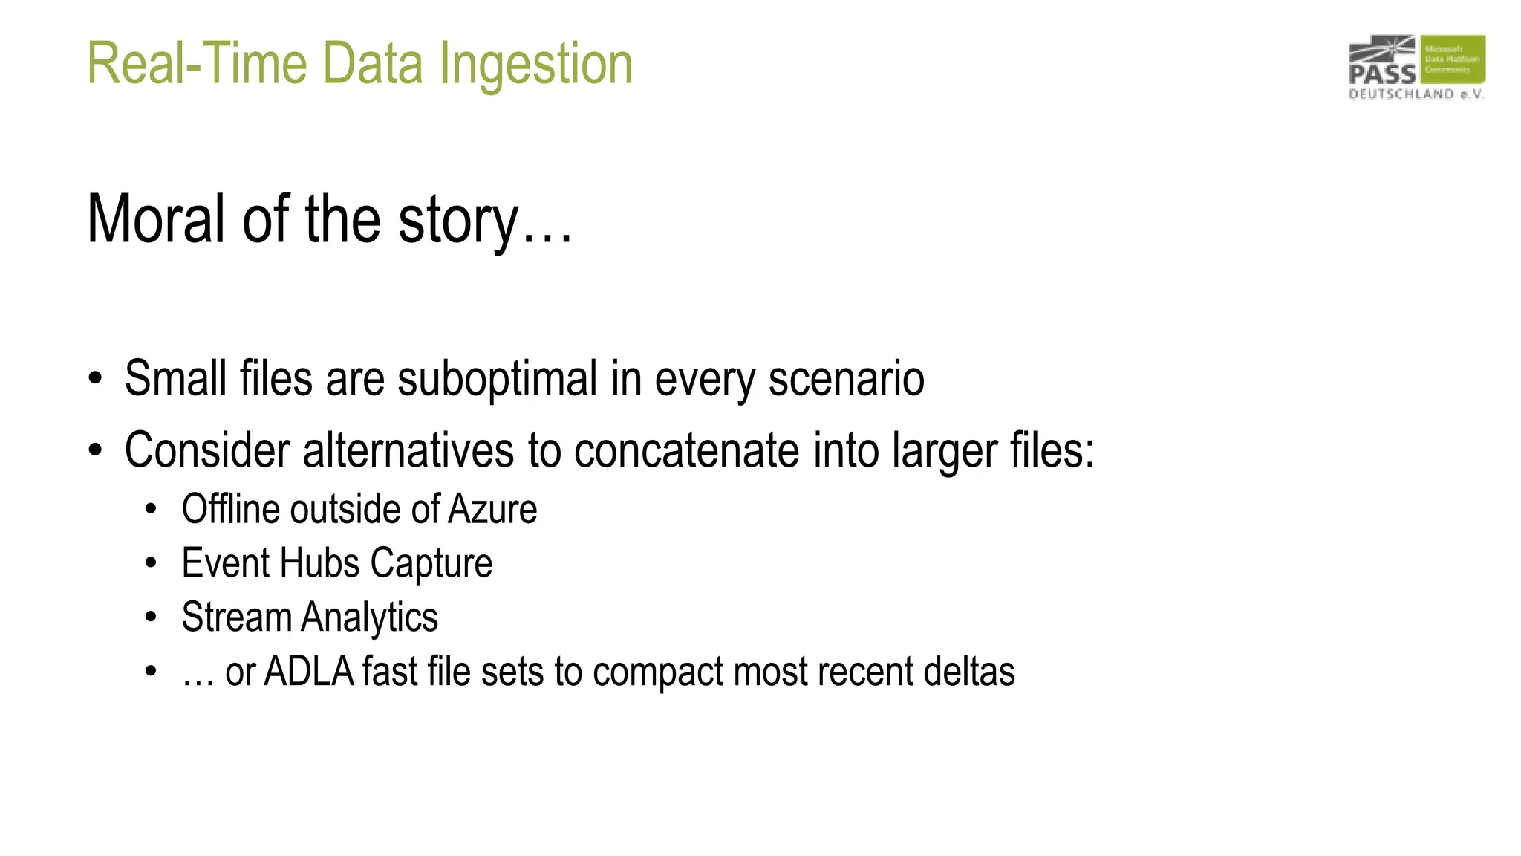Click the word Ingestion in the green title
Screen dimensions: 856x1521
pyautogui.click(x=535, y=65)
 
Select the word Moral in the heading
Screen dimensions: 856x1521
pyautogui.click(x=156, y=219)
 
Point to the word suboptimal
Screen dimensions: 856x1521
pyautogui.click(x=497, y=379)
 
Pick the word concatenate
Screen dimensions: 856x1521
pyautogui.click(x=686, y=450)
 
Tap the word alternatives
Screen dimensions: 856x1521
pyautogui.click(x=408, y=450)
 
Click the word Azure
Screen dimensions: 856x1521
pyautogui.click(x=492, y=510)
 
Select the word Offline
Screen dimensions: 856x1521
pyautogui.click(x=230, y=510)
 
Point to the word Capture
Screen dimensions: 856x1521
pyautogui.click(x=431, y=564)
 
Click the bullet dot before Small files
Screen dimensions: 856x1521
pyautogui.click(x=95, y=379)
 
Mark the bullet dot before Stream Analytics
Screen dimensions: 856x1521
pyautogui.click(x=152, y=617)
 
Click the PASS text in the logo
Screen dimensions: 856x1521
pyautogui.click(x=1382, y=74)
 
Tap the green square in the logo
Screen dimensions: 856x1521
pyautogui.click(x=1453, y=59)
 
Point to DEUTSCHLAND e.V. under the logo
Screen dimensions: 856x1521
pyautogui.click(x=1416, y=94)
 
